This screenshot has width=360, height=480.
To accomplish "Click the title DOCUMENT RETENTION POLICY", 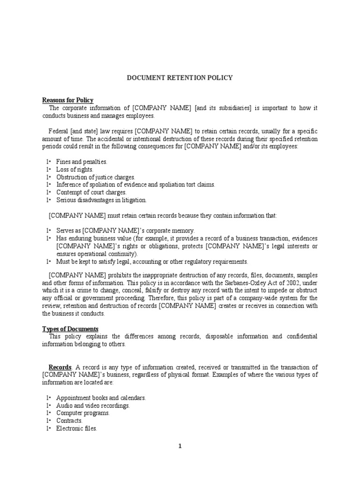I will coord(180,78).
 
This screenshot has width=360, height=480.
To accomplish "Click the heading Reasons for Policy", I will coord(68,100).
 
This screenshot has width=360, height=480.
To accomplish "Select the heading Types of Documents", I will coord(70,329).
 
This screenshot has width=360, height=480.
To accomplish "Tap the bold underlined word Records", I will coord(60,367).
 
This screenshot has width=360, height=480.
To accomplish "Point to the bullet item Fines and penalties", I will coord(82,162).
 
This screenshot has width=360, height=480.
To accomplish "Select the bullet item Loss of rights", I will coord(75,169).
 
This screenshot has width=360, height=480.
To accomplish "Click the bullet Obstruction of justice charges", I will coord(95,177).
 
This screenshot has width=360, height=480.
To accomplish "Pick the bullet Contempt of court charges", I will coord(91,192).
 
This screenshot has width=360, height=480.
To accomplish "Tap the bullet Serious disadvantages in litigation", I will coord(101,200).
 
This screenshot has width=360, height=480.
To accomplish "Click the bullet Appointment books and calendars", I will coord(101,398).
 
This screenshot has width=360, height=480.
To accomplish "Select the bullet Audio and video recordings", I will coord(93,405).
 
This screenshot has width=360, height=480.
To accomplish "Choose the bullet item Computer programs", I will coord(83,413).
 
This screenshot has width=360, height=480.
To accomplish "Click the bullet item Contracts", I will coord(69,421).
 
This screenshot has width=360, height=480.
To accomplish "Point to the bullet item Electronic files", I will coord(76,428).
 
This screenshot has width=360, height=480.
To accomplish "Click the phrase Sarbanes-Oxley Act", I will coord(243,283).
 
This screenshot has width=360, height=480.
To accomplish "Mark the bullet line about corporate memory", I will coord(125,231).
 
